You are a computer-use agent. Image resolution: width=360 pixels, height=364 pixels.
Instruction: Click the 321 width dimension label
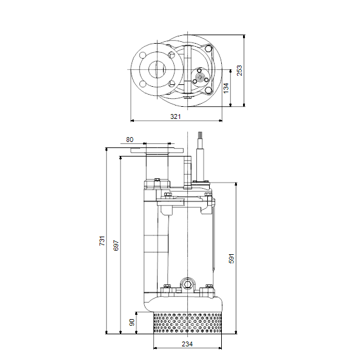[175, 116]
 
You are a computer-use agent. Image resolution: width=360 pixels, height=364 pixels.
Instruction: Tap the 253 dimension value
[239, 70]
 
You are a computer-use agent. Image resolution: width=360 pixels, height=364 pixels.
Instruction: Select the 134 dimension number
[226, 88]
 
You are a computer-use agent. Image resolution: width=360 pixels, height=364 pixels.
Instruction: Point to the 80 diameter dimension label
[130, 140]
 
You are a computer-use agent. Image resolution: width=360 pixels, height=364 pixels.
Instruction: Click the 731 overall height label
[102, 241]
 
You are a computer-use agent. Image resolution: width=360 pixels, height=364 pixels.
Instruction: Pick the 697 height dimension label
[116, 245]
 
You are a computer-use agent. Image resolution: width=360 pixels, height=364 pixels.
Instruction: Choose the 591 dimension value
[232, 258]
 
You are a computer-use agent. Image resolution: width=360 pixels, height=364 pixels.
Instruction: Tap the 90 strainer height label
[132, 323]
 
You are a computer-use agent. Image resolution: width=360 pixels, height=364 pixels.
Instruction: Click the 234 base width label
[187, 344]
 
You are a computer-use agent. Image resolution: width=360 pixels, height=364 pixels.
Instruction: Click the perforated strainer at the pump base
[187, 323]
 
